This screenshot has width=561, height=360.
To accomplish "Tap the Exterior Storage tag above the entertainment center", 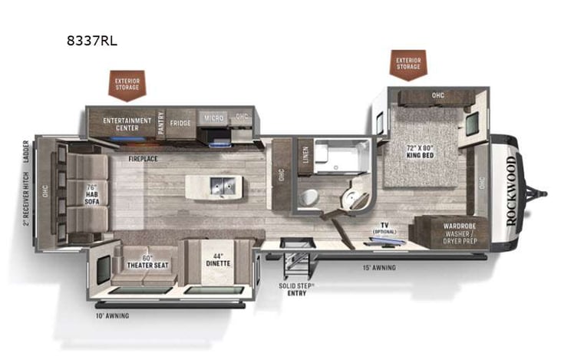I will [127, 84].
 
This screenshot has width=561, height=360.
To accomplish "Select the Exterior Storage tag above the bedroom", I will [408, 63].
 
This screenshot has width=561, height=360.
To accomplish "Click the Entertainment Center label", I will [127, 124].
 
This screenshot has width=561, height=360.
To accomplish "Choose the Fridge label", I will [181, 123].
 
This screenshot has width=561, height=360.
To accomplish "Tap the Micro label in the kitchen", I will [213, 118].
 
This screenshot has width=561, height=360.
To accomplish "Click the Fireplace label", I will [144, 160].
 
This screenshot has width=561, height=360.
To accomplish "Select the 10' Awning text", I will [112, 315].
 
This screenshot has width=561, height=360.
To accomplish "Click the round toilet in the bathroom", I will [308, 197].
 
